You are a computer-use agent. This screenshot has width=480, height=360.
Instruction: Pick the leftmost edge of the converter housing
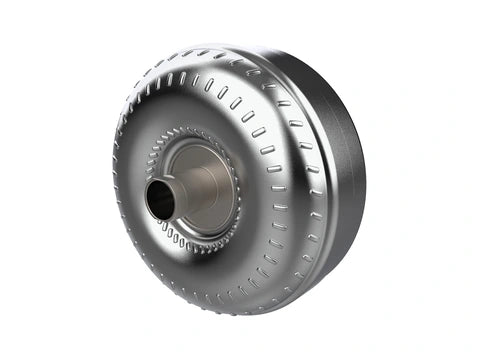pos(112,180)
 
